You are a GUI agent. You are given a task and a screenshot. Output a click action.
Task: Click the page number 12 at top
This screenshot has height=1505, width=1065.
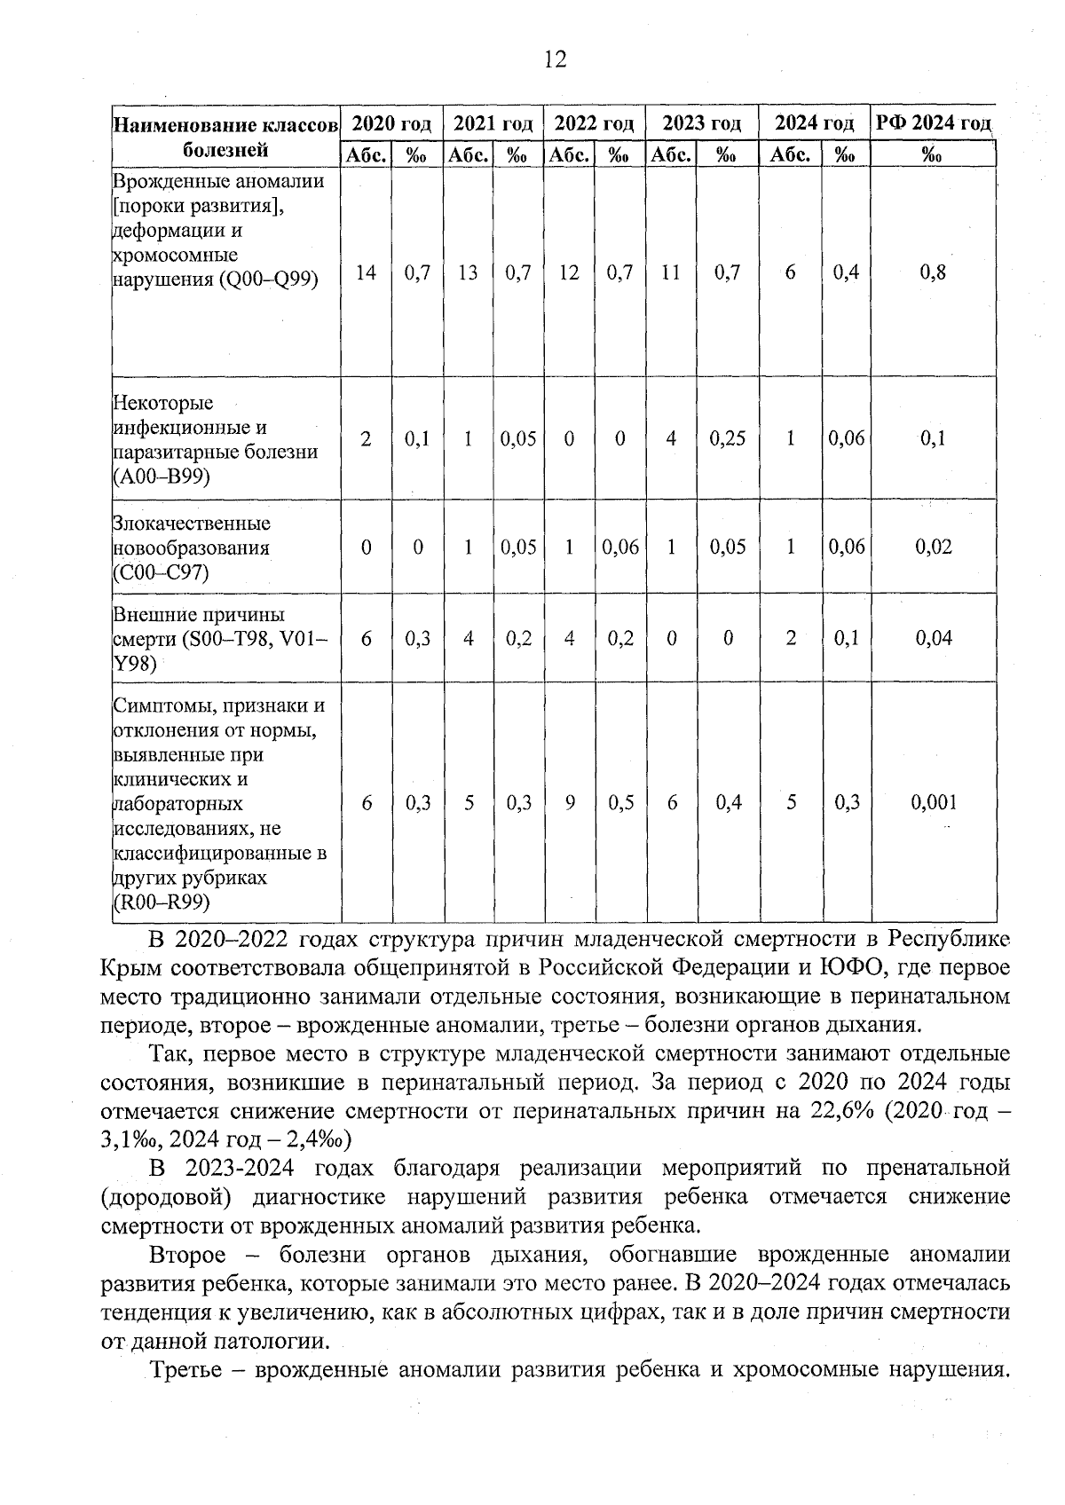click(x=554, y=59)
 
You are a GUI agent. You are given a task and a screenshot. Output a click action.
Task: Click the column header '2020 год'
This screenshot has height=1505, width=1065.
click(x=391, y=123)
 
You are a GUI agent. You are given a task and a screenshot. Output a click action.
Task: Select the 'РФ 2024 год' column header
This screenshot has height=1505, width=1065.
click(x=933, y=122)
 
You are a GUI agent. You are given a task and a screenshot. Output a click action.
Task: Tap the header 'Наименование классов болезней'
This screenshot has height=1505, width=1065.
click(x=225, y=136)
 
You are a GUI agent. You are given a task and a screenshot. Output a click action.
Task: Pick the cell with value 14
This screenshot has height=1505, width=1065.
click(x=366, y=273)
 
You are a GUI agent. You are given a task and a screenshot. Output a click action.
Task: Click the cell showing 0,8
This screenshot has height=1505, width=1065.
click(x=933, y=273)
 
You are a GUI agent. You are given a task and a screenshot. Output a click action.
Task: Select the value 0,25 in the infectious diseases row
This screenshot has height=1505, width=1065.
click(x=727, y=439)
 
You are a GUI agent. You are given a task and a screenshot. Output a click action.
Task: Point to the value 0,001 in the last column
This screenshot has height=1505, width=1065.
click(x=934, y=803)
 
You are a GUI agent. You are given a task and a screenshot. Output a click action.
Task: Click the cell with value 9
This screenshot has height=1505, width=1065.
click(x=569, y=803)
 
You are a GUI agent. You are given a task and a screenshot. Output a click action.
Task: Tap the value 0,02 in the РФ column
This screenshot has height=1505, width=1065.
click(x=934, y=548)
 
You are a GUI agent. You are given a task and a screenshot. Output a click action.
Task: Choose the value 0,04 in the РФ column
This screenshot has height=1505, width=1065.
click(x=934, y=638)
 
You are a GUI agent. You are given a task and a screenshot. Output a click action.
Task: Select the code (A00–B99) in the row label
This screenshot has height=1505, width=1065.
click(x=162, y=477)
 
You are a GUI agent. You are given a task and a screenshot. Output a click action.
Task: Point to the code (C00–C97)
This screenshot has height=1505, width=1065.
click(x=162, y=572)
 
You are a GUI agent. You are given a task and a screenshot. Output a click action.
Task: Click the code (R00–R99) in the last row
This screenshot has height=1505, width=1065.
click(x=162, y=902)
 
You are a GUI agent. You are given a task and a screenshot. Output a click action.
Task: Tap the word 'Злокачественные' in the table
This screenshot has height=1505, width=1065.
click(x=192, y=523)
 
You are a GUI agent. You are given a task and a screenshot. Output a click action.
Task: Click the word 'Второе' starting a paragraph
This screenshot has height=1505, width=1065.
click(x=187, y=1256)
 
